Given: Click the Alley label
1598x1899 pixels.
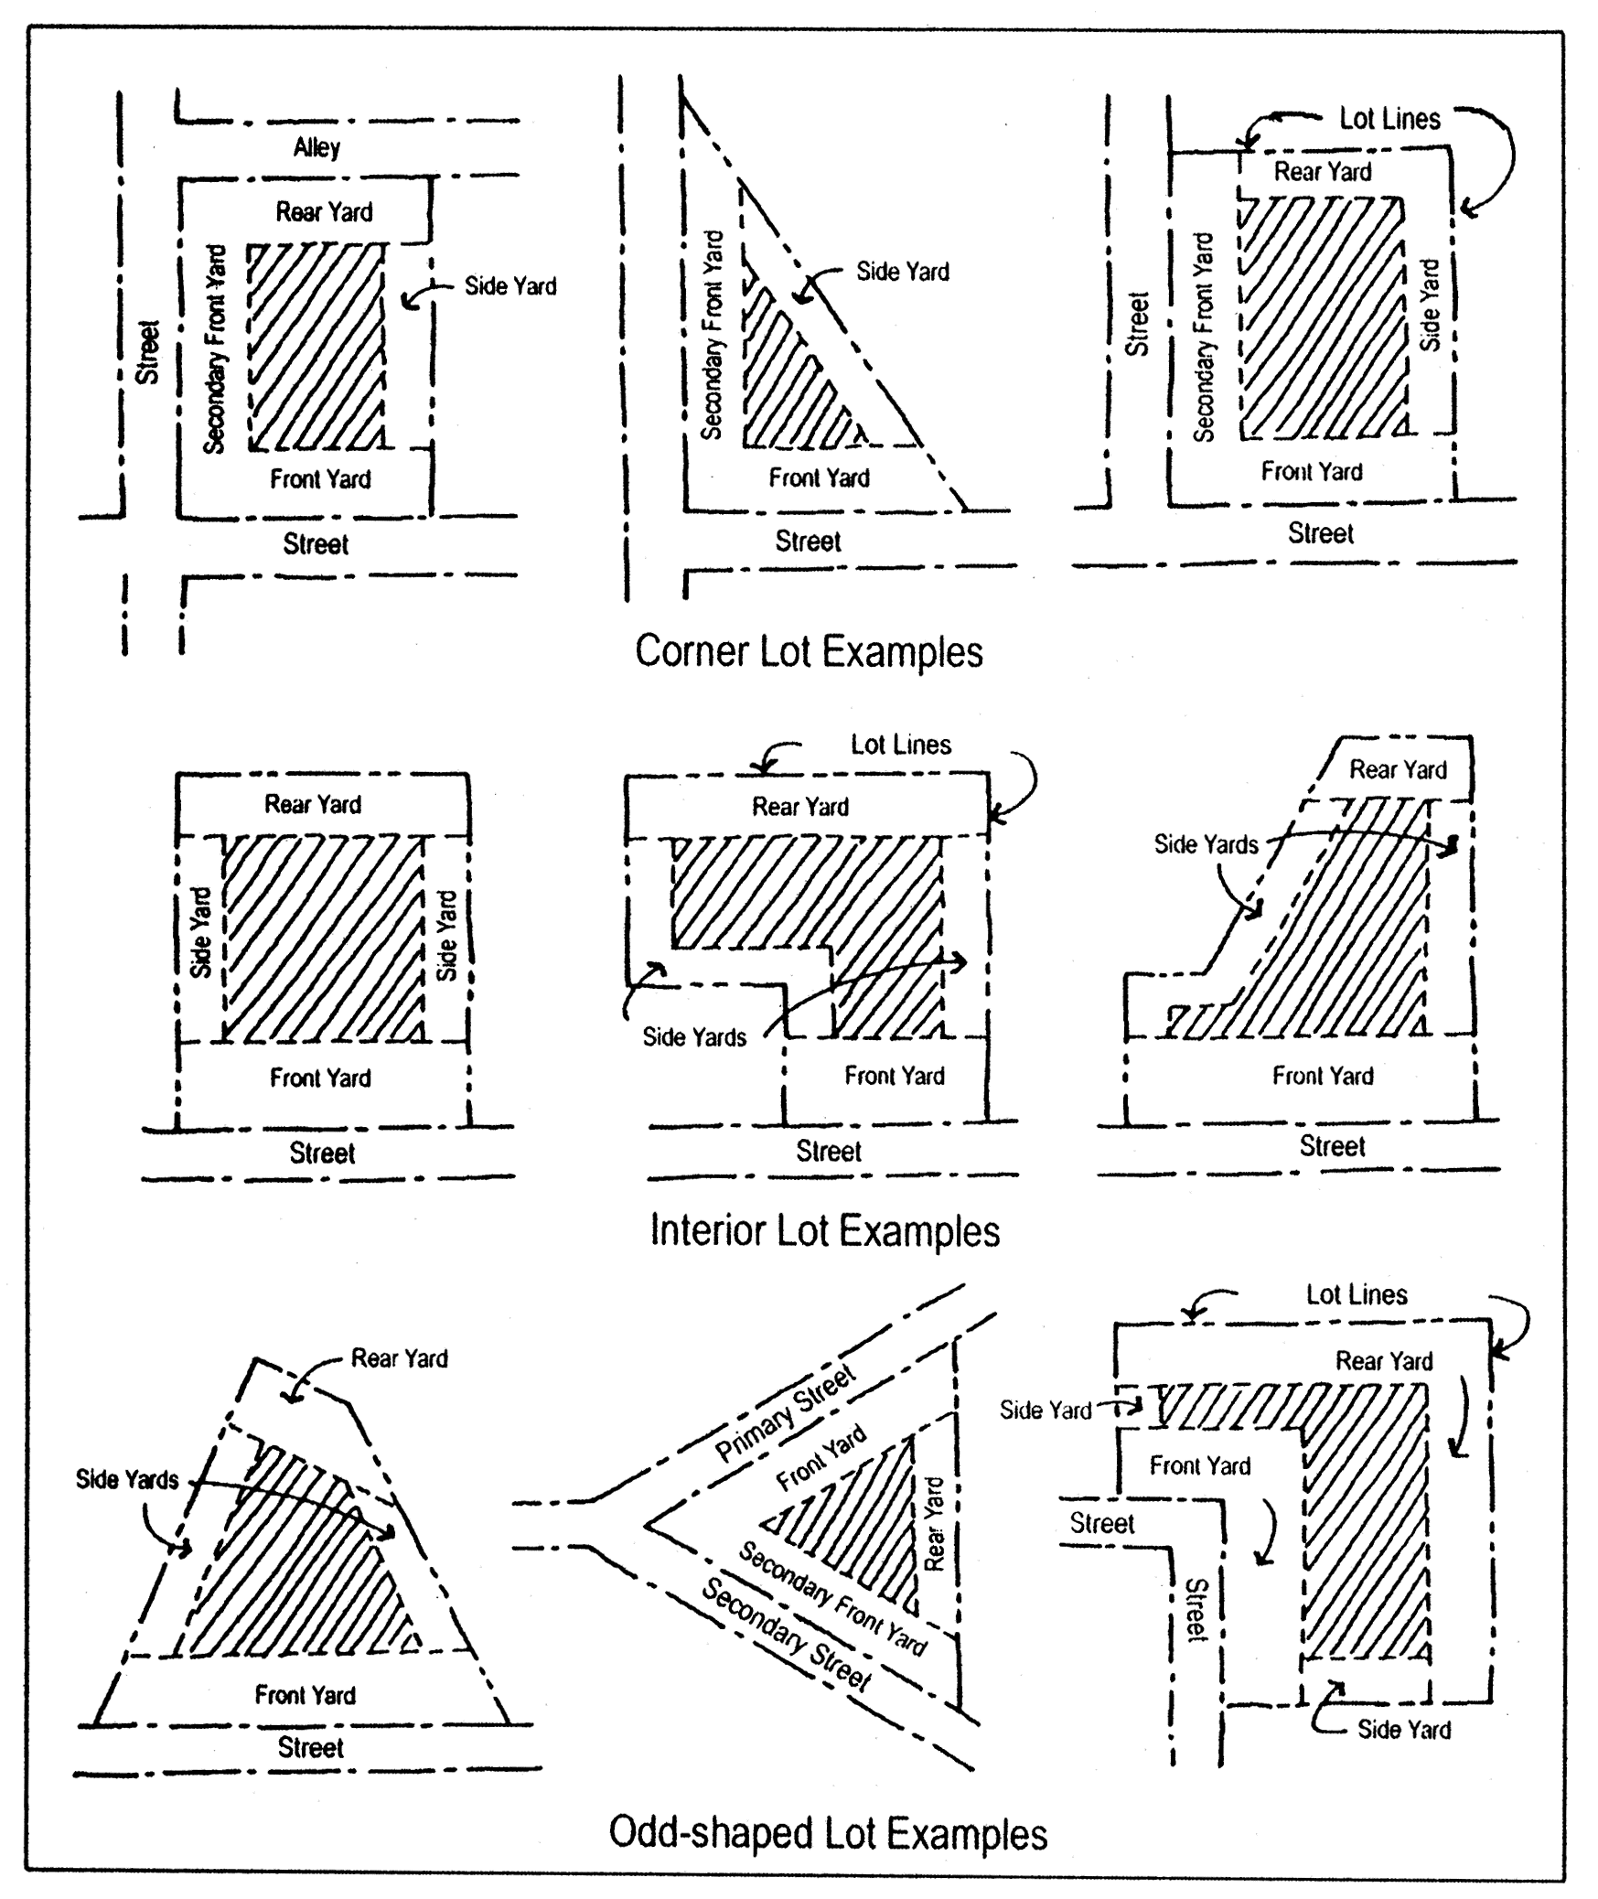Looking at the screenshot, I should click(316, 147).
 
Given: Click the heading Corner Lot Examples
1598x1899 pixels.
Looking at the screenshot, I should click(809, 651).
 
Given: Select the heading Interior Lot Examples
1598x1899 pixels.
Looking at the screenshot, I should click(824, 1230).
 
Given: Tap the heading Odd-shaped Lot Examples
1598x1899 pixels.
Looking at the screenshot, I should click(827, 1833).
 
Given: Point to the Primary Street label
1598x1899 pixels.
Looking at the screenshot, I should click(785, 1413).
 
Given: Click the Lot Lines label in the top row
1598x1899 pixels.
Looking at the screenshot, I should click(1389, 119).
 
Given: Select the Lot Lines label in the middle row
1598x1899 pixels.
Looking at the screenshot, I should click(900, 745).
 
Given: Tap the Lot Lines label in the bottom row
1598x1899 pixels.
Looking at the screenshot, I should click(1356, 1294).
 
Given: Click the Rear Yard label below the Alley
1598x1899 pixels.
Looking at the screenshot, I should click(324, 212).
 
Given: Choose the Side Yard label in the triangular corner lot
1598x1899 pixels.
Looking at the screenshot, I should click(902, 271).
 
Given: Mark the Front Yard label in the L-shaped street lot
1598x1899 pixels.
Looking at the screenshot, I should click(1199, 1465).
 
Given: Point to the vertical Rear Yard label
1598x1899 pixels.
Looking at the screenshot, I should click(934, 1524).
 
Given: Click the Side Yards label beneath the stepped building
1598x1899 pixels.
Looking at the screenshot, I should click(693, 1036).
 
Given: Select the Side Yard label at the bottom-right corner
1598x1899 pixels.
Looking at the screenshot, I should click(1403, 1729).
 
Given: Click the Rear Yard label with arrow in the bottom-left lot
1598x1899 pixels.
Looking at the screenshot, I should click(399, 1358).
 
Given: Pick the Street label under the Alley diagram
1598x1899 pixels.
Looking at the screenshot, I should click(316, 544).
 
